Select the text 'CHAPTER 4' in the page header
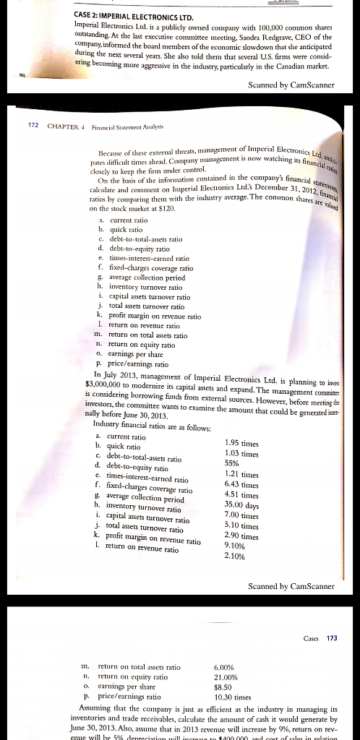click(67, 127)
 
